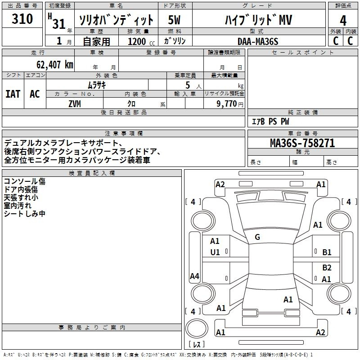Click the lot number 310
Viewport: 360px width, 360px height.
click(x=22, y=19)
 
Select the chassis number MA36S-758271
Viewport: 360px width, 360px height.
click(x=302, y=143)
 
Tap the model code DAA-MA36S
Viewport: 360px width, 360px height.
click(x=258, y=41)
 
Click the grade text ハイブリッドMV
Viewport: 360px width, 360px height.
click(x=258, y=20)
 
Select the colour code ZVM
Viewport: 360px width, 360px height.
click(x=74, y=103)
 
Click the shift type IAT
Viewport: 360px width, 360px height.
click(x=13, y=94)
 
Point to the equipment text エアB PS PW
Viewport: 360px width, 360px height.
click(x=270, y=121)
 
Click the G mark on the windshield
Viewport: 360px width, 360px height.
click(x=257, y=237)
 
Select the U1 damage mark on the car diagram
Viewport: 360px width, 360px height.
click(x=215, y=252)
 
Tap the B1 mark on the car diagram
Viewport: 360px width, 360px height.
click(x=327, y=252)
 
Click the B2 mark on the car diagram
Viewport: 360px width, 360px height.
click(x=327, y=268)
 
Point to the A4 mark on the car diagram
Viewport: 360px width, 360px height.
click(x=194, y=276)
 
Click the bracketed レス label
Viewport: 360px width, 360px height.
click(x=197, y=345)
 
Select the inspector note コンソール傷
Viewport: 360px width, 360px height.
click(x=24, y=181)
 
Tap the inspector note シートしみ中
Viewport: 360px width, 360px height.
click(x=24, y=214)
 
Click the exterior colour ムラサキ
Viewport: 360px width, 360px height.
click(x=96, y=85)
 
